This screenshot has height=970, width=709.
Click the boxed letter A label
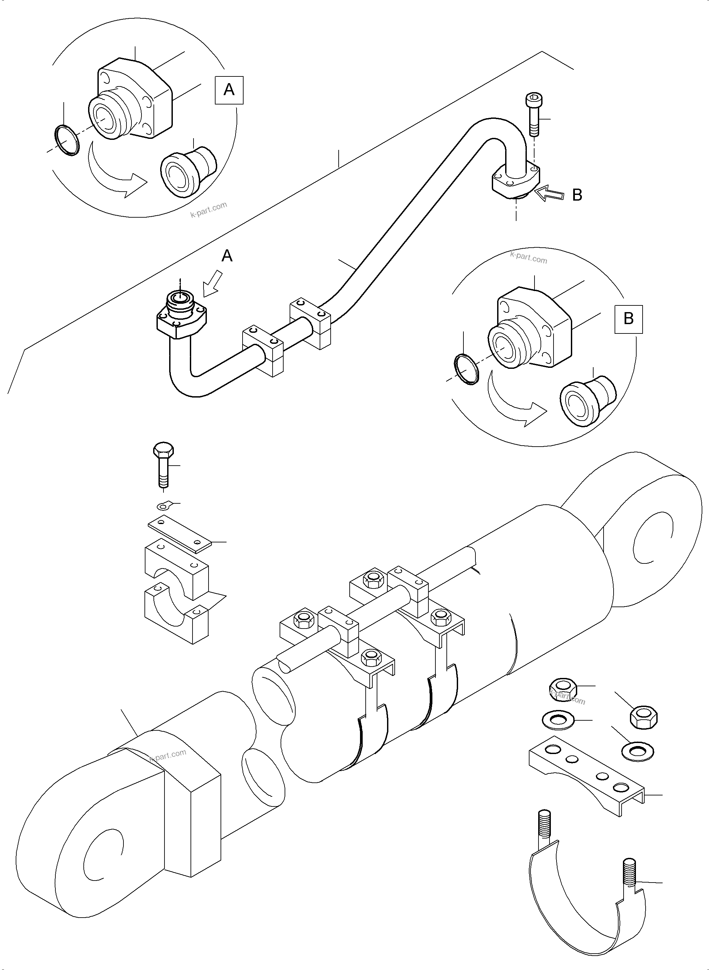(x=229, y=90)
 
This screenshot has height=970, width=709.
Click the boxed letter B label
(x=628, y=319)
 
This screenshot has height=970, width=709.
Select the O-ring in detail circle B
(x=466, y=369)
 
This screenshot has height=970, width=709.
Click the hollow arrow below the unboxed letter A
(x=213, y=284)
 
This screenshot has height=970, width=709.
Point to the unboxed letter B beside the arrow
(x=577, y=195)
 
